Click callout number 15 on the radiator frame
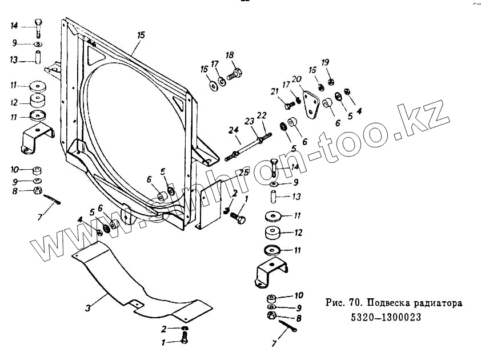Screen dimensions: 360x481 point(141,35)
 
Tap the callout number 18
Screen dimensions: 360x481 point(230,55)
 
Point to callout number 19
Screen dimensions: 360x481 point(325,62)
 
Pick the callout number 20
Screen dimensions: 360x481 point(296,79)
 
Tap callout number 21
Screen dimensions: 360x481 point(274,91)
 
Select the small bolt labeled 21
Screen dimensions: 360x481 point(287,105)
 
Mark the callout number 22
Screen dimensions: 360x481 point(262,115)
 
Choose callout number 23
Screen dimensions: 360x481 point(248,121)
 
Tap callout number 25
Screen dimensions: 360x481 point(243,173)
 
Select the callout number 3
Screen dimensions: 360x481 point(88,308)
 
